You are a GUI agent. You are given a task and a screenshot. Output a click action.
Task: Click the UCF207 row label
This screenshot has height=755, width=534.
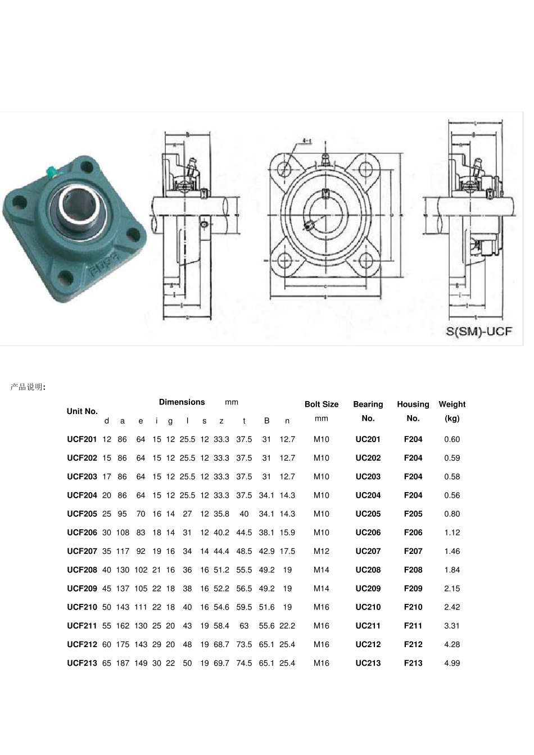(82, 551)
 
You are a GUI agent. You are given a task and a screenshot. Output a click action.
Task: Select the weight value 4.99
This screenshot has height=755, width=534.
(452, 663)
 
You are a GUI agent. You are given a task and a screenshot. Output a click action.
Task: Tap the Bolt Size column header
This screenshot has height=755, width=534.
(322, 404)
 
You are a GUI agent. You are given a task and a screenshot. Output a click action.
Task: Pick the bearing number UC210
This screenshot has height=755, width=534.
(368, 607)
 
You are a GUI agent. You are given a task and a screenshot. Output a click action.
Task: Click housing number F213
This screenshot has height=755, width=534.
(413, 663)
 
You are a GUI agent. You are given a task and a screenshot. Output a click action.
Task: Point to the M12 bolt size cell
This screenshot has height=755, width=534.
(322, 551)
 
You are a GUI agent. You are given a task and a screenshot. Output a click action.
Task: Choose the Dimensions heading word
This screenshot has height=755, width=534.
(182, 402)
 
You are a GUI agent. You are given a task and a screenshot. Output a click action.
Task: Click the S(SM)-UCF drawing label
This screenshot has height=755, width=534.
(479, 331)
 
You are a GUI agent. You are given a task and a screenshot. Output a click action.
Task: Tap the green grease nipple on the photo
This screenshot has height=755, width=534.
(51, 170)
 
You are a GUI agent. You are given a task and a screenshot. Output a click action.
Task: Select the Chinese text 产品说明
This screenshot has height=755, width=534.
(27, 387)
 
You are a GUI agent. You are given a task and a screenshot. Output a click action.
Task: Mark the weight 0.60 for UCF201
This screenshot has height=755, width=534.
(452, 439)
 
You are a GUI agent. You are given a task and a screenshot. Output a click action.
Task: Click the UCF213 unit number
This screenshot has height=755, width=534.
(82, 663)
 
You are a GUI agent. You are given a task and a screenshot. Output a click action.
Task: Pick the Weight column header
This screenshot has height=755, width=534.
(452, 404)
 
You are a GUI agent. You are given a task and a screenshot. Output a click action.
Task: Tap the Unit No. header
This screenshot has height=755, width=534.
(82, 411)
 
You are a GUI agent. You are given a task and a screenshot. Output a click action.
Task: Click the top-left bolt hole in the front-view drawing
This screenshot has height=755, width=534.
(286, 167)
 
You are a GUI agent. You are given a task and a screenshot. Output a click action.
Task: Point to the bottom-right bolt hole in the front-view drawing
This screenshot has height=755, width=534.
(366, 260)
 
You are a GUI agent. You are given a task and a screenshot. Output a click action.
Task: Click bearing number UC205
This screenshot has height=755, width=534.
(368, 514)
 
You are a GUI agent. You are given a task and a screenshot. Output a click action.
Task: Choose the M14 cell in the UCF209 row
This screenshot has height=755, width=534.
(322, 589)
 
